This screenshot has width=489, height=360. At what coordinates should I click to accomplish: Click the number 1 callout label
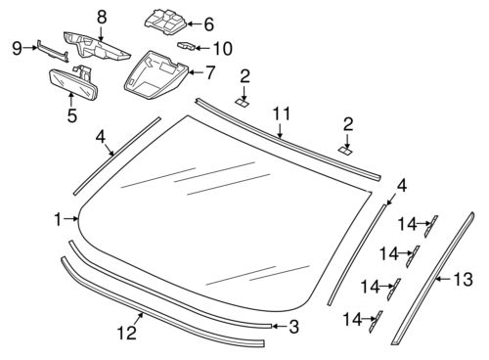click(57, 217)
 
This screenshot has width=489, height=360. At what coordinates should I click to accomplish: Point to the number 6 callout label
click(207, 22)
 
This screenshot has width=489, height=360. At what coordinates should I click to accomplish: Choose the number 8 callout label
click(101, 16)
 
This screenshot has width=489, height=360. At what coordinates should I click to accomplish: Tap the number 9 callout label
click(16, 46)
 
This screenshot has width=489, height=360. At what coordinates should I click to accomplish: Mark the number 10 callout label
click(223, 47)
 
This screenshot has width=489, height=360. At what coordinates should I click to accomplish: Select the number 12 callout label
click(125, 333)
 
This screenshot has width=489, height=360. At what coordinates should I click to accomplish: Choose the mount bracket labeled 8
click(98, 45)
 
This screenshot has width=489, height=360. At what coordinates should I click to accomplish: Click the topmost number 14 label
click(411, 222)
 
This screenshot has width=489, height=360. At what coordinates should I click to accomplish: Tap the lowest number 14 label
click(351, 319)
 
